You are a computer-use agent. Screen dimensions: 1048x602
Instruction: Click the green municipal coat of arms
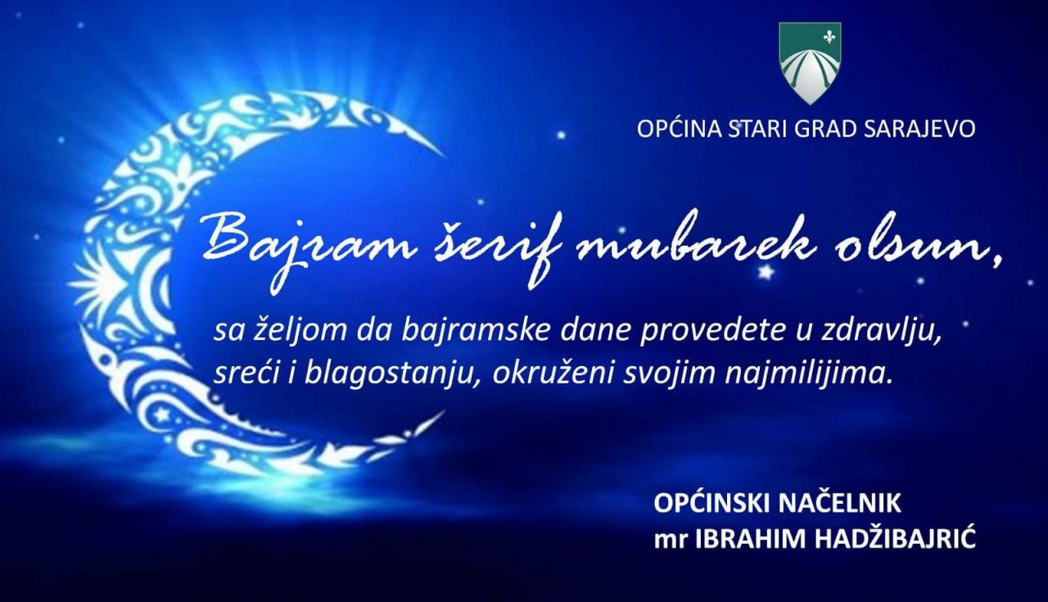810,63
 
